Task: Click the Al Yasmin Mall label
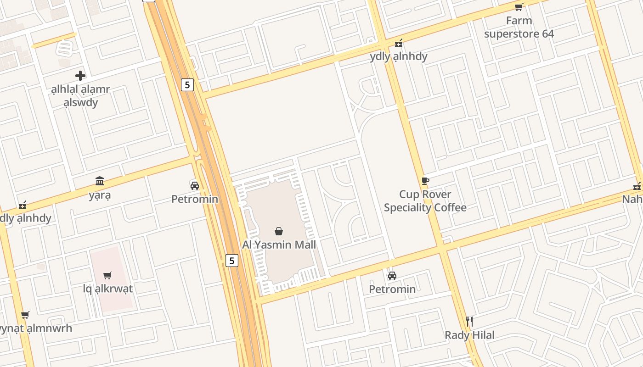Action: [x=279, y=245]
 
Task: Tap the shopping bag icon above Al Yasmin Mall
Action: [x=279, y=231]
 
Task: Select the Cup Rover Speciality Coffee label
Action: [x=425, y=201]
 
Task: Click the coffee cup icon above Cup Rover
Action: [x=425, y=181]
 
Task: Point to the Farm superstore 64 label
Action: [x=519, y=27]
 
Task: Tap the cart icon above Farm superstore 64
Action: [x=519, y=7]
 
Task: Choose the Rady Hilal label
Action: [x=469, y=335]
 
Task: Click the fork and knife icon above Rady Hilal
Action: [x=469, y=321]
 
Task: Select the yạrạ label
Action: [x=100, y=195]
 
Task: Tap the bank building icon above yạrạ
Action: [x=100, y=181]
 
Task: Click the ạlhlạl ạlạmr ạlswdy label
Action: [x=80, y=95]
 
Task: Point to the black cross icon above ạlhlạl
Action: [x=80, y=75]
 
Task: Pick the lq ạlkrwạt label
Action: [x=107, y=289]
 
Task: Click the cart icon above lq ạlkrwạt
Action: [x=107, y=275]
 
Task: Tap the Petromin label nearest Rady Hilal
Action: [x=392, y=289]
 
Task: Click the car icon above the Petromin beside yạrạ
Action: [x=195, y=185]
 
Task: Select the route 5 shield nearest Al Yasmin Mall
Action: [x=232, y=261]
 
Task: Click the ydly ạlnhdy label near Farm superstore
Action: [x=398, y=56]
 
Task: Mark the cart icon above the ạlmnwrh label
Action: [x=25, y=315]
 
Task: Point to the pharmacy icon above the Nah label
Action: [x=637, y=186]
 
